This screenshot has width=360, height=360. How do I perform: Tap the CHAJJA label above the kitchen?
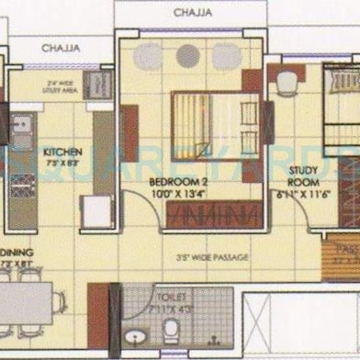(x=60, y=47)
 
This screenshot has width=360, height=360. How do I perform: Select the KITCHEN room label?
(x=62, y=152)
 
